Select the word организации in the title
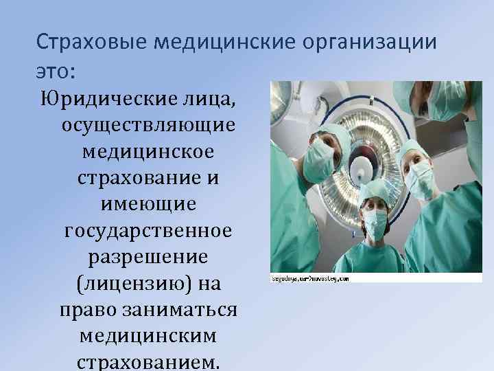pyautogui.click(x=368, y=44)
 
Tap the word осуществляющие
pyautogui.click(x=148, y=126)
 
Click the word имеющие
pyautogui.click(x=148, y=204)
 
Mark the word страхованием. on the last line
pyautogui.click(x=148, y=361)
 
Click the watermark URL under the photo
pyautogui.click(x=310, y=279)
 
